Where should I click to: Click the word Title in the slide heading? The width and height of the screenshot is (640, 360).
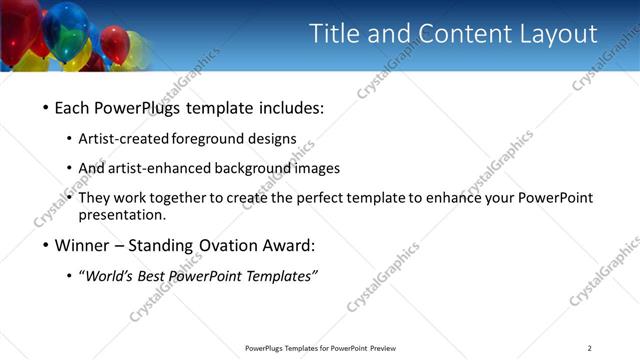tap(334, 34)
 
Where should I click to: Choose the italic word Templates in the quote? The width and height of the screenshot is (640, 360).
tap(281, 276)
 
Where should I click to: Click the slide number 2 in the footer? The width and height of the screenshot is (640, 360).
tap(590, 348)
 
